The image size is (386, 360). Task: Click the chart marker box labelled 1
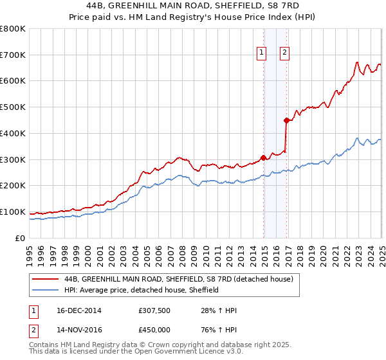click(262, 53)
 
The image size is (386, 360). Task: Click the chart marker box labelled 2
click(284, 53)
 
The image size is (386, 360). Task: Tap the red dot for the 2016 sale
click(286, 120)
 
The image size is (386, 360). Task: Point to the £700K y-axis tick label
click(12, 55)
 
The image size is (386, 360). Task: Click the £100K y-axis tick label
click(12, 212)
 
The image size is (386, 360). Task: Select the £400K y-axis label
click(12, 133)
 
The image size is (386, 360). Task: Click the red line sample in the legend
click(46, 279)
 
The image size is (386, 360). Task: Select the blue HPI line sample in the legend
click(46, 290)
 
